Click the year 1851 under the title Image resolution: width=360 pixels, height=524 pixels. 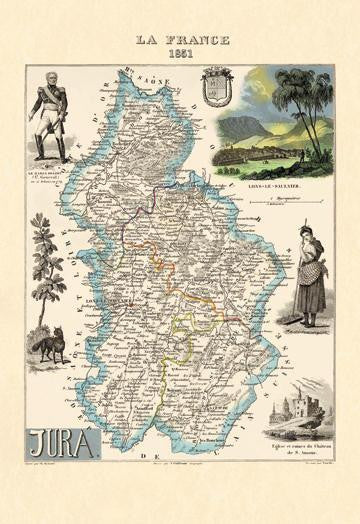180,54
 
